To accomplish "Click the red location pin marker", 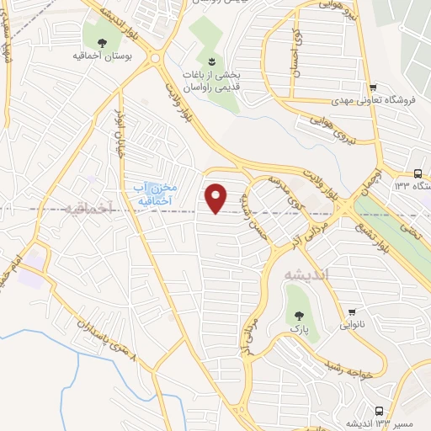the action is point(216,198).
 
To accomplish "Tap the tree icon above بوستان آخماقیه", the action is point(102,43).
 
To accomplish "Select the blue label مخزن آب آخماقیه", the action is point(152,194).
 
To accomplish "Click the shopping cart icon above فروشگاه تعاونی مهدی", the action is point(371,88).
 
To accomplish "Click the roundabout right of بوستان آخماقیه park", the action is point(157,58).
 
